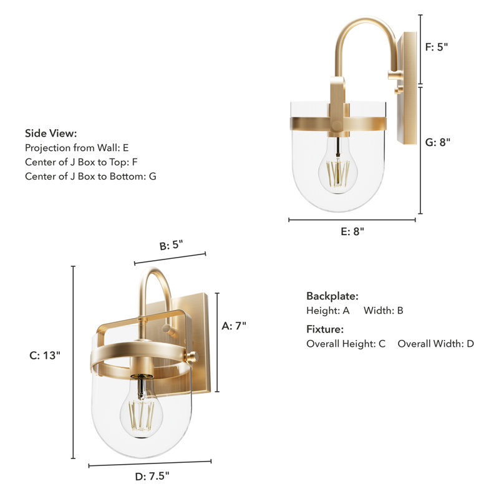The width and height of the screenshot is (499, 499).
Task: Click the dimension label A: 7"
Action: [x=235, y=325]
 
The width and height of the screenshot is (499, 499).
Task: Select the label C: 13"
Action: [x=45, y=356]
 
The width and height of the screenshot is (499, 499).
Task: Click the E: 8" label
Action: [x=352, y=231]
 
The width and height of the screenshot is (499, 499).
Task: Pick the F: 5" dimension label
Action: [x=437, y=46]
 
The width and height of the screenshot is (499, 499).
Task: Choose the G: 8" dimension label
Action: [x=437, y=142]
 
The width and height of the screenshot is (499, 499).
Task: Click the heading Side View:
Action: [x=51, y=133]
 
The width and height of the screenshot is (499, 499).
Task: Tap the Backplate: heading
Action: [x=332, y=296]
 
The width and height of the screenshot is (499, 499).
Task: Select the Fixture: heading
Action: [x=325, y=329]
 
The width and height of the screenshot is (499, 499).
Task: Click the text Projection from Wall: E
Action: [x=77, y=148]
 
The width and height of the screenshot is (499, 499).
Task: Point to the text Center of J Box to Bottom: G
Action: [x=90, y=177]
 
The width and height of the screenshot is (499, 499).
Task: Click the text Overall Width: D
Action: [x=435, y=344]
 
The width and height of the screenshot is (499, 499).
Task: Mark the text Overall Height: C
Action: [x=346, y=344]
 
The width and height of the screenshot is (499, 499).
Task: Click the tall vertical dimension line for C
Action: [x=73, y=362]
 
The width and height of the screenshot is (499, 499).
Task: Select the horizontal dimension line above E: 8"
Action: [x=352, y=220]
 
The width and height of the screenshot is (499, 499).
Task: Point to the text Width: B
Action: [x=384, y=310]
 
